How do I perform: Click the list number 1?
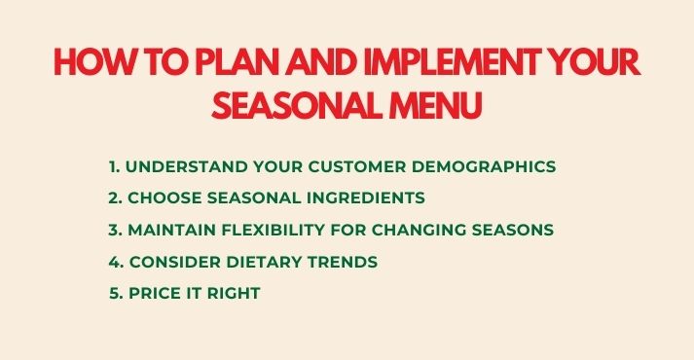[x=113, y=166]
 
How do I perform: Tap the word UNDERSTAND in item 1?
[x=181, y=166]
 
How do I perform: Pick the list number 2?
[x=114, y=198]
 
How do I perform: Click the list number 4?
[x=114, y=261]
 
